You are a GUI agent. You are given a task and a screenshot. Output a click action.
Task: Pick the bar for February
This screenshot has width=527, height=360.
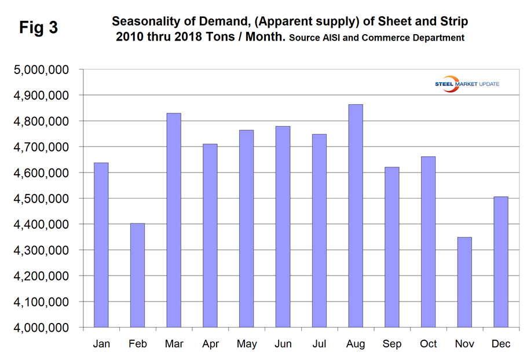pos(137,275)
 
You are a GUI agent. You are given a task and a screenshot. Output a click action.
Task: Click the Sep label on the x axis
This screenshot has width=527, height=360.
pos(392,344)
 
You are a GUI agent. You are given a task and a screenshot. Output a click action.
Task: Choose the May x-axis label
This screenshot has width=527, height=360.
pos(247,344)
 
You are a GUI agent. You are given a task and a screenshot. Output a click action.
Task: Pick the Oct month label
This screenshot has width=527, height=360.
pos(429,344)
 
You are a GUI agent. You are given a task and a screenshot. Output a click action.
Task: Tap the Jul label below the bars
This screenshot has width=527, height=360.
pos(319,344)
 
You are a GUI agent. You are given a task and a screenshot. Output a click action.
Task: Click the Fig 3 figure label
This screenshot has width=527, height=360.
pos(38,27)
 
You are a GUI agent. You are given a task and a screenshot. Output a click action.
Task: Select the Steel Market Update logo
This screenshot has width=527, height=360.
pos(467,84)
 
